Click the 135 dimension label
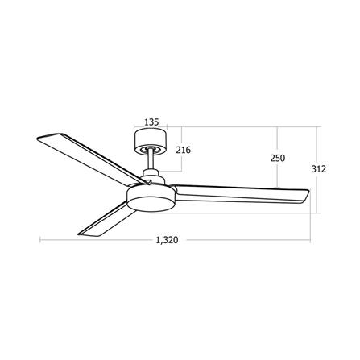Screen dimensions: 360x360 pos(151,122)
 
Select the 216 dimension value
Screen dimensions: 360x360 pos(184,150)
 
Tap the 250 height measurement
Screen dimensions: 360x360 pos(278,158)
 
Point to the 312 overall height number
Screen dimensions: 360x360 pos(319,169)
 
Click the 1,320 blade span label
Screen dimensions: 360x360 pos(167,240)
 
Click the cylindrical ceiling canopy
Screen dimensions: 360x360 pos(151,142)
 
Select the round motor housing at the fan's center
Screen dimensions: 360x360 pos(152,198)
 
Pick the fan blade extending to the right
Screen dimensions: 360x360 pos(242,194)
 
